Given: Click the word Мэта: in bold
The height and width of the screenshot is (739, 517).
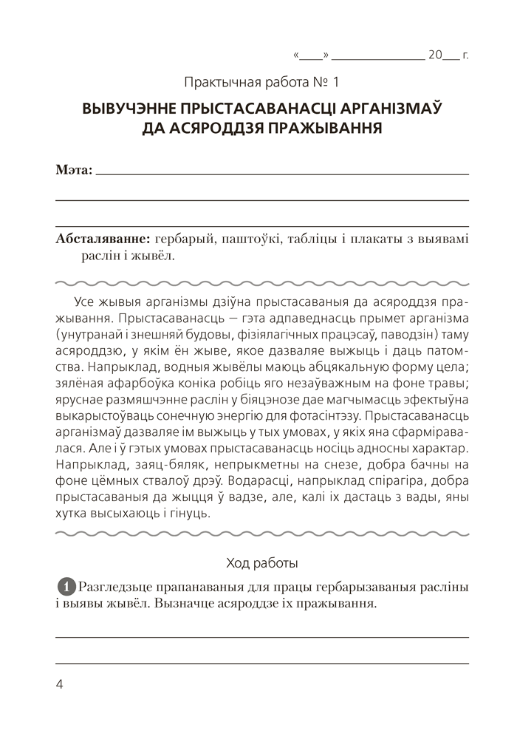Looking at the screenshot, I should coord(75,171).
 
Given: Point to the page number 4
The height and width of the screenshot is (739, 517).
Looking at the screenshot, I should coord(60,684).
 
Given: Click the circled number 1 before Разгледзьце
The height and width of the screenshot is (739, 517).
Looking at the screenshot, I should coord(66,586).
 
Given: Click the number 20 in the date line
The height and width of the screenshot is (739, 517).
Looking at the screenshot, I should coord(435,54).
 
